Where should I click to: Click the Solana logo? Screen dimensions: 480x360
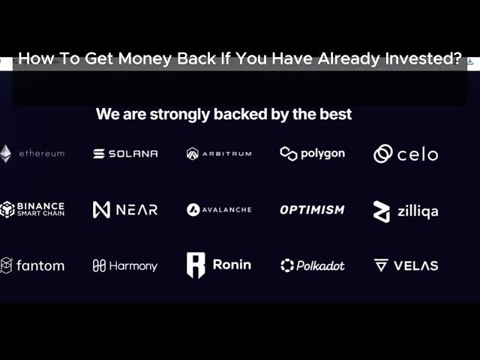click(x=125, y=154)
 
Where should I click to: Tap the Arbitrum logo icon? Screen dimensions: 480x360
click(x=193, y=154)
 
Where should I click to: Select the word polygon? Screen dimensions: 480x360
click(x=323, y=154)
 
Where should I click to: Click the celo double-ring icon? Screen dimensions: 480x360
click(x=382, y=154)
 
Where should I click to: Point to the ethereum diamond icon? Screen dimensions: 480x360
click(x=5, y=154)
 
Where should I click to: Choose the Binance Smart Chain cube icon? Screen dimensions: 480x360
click(x=7, y=209)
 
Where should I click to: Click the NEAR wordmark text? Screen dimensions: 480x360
click(x=136, y=210)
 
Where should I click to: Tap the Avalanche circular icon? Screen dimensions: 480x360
click(x=193, y=210)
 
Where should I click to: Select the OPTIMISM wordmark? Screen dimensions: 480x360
click(x=312, y=210)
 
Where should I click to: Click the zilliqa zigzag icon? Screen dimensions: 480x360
click(x=382, y=211)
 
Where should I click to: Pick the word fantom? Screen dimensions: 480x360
click(x=40, y=265)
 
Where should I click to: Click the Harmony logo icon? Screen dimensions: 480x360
click(x=99, y=265)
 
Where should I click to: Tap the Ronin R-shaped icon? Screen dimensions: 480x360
click(x=196, y=265)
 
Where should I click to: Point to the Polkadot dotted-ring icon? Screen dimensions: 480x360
click(x=287, y=265)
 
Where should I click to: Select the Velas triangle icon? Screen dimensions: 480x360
click(x=381, y=265)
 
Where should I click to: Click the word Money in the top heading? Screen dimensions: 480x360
click(x=145, y=58)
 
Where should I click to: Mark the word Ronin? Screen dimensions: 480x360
click(x=232, y=265)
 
